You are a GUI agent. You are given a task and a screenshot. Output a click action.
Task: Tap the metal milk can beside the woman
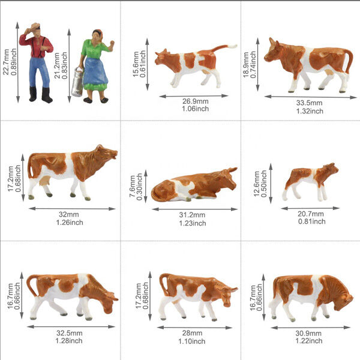tap(77, 82)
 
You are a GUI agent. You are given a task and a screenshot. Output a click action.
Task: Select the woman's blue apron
tap(95, 71)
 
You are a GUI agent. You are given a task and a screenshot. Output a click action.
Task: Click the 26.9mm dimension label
tap(196, 101)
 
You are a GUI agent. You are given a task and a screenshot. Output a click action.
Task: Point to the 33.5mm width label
tap(309, 103)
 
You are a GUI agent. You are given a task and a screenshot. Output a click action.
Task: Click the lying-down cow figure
tap(194, 184)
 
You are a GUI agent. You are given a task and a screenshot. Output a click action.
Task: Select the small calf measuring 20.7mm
tap(310, 182)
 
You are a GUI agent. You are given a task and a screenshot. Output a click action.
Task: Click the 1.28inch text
tap(69, 341)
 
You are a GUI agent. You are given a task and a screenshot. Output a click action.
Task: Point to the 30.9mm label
tap(308, 333)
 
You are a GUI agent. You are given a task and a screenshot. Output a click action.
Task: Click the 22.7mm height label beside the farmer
tap(6, 62)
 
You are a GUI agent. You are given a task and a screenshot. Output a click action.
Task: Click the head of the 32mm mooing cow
tap(106, 152)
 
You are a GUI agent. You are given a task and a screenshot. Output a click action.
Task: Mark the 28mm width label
tap(192, 333)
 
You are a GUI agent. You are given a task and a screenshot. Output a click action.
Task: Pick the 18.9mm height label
tap(246, 65)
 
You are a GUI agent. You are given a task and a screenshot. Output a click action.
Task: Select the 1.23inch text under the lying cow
tap(193, 223)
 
